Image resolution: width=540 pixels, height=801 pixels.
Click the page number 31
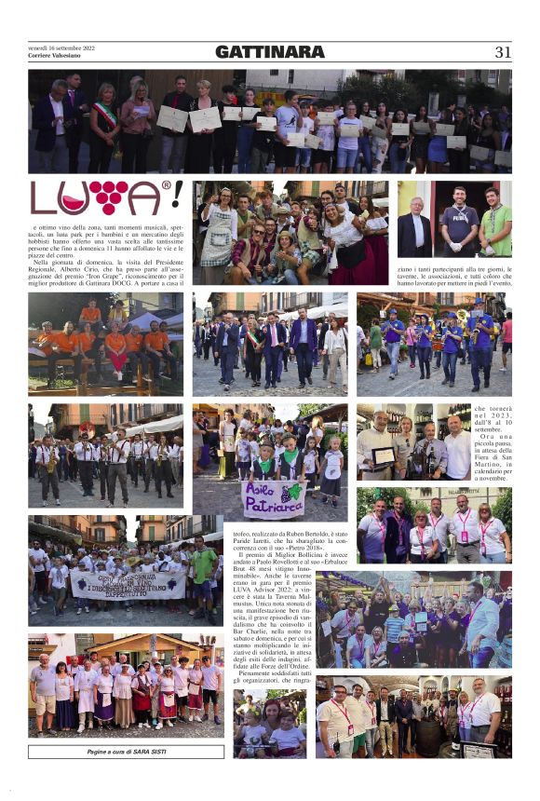pos(503,52)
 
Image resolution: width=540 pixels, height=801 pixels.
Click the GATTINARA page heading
pos(270,52)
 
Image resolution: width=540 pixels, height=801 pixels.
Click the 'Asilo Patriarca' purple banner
pos(273,500)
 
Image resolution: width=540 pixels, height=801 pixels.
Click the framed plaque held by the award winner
pos(382,456)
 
